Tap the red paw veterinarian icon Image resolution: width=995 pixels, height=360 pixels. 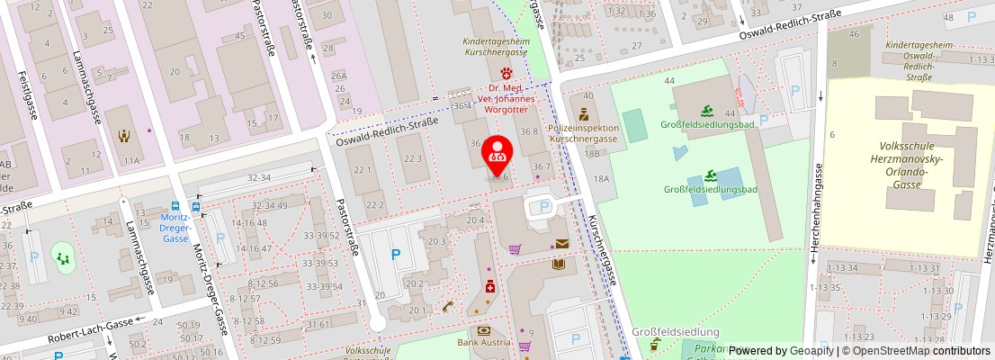tap(506, 72)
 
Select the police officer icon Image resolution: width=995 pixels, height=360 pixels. tap(584, 114)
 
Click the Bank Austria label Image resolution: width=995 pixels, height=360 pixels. tap(483, 343)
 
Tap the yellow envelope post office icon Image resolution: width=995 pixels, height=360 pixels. tap(562, 244)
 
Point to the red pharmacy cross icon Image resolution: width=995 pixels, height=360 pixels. tap(489, 286)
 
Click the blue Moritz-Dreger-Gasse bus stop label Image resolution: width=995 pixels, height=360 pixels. tap(175, 228)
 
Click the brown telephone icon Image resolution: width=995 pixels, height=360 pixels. tap(447, 306)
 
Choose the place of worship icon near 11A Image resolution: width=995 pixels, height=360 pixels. tap(125, 136)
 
